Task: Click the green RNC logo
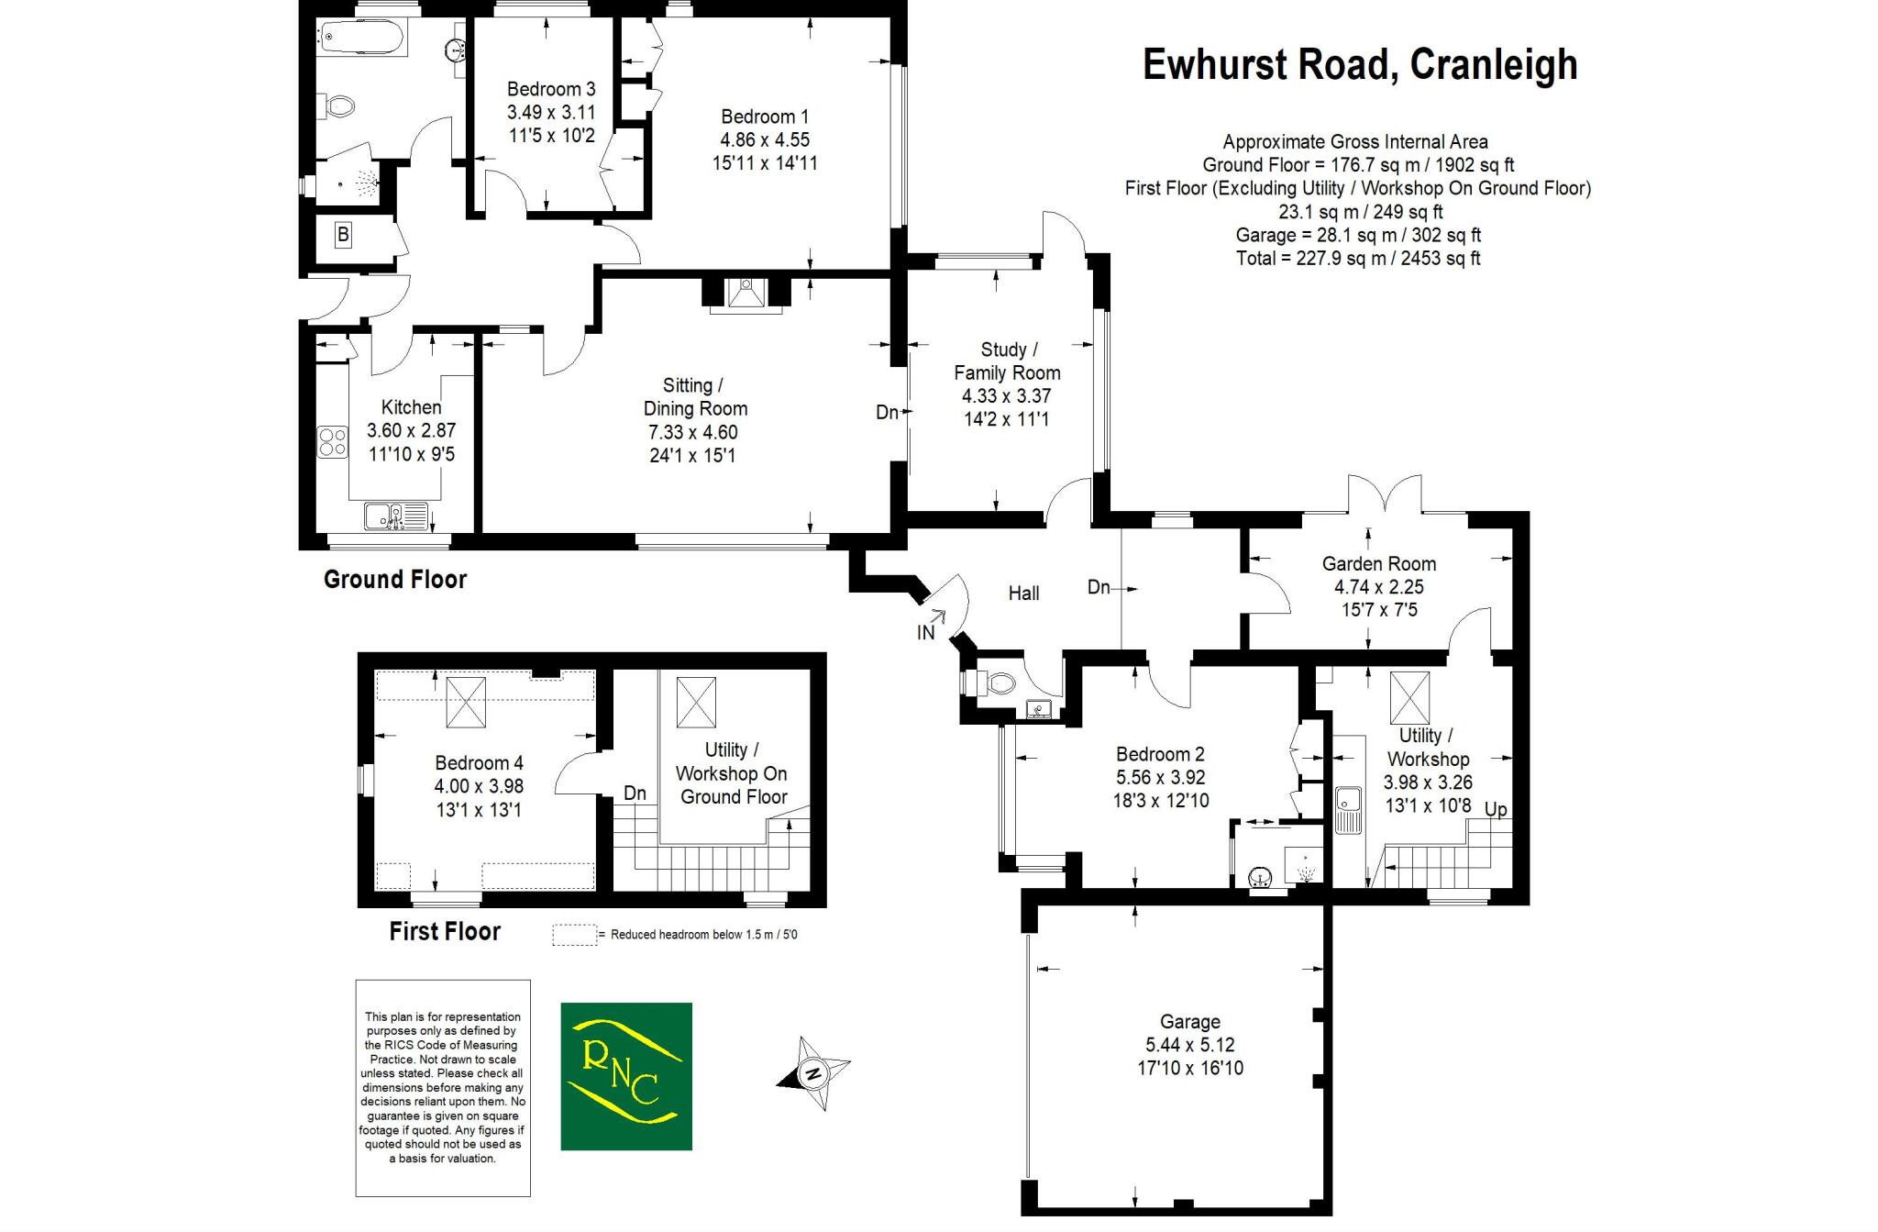point(626,1076)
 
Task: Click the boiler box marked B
point(343,235)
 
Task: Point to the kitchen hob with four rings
point(333,442)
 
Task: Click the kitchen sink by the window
point(396,516)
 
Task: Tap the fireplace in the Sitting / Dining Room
point(746,294)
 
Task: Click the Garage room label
point(1189,1021)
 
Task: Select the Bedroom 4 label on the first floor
point(479,762)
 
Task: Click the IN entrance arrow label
point(926,632)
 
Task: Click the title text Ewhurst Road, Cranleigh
point(1360,64)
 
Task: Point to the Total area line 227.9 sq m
point(1358,259)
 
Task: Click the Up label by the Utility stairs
point(1496,810)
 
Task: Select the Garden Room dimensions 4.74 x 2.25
point(1378,587)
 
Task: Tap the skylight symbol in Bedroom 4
point(468,702)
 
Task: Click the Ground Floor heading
point(395,580)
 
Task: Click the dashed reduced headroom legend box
point(574,935)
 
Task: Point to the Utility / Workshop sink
point(1349,809)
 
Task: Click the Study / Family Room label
point(1007,361)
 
